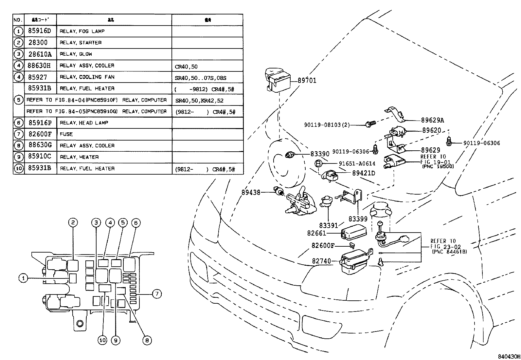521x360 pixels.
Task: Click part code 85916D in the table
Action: click(x=40, y=31)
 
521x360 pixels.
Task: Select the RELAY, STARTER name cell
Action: click(x=81, y=43)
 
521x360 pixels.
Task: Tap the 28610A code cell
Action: click(x=40, y=54)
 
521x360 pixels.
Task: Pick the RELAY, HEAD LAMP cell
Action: click(x=84, y=123)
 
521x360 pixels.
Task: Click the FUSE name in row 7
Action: click(x=66, y=134)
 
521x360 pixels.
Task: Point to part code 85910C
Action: click(x=40, y=157)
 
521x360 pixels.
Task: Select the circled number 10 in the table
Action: click(x=19, y=168)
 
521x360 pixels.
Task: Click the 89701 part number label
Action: click(x=307, y=81)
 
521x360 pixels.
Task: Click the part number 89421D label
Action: click(x=364, y=173)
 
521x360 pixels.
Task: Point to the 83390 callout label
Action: click(x=320, y=154)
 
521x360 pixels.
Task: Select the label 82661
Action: click(x=316, y=233)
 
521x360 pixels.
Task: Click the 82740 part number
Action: click(x=322, y=261)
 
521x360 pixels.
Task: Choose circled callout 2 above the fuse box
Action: click(x=73, y=223)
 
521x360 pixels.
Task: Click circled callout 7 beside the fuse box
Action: click(x=157, y=294)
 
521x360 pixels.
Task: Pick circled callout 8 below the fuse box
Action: click(x=147, y=340)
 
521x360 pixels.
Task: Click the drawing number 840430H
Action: click(x=509, y=356)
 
